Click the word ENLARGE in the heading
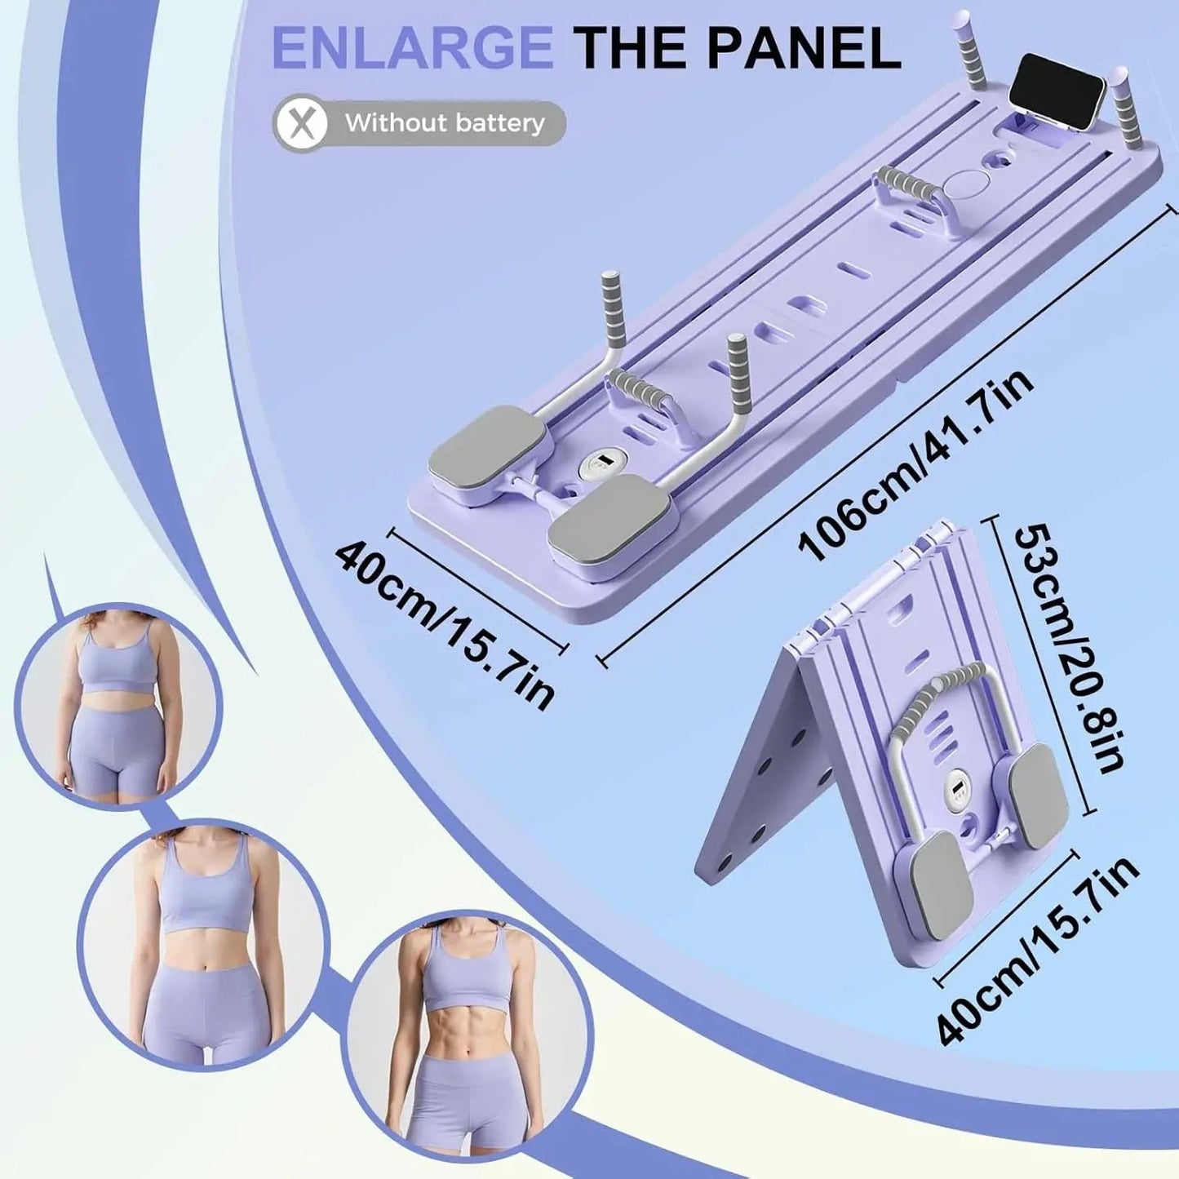(x=412, y=48)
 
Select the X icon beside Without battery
(x=302, y=124)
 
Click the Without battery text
(x=444, y=124)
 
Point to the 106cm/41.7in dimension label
(x=917, y=465)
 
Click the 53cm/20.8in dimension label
(x=1069, y=649)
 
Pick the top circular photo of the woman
(x=119, y=704)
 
